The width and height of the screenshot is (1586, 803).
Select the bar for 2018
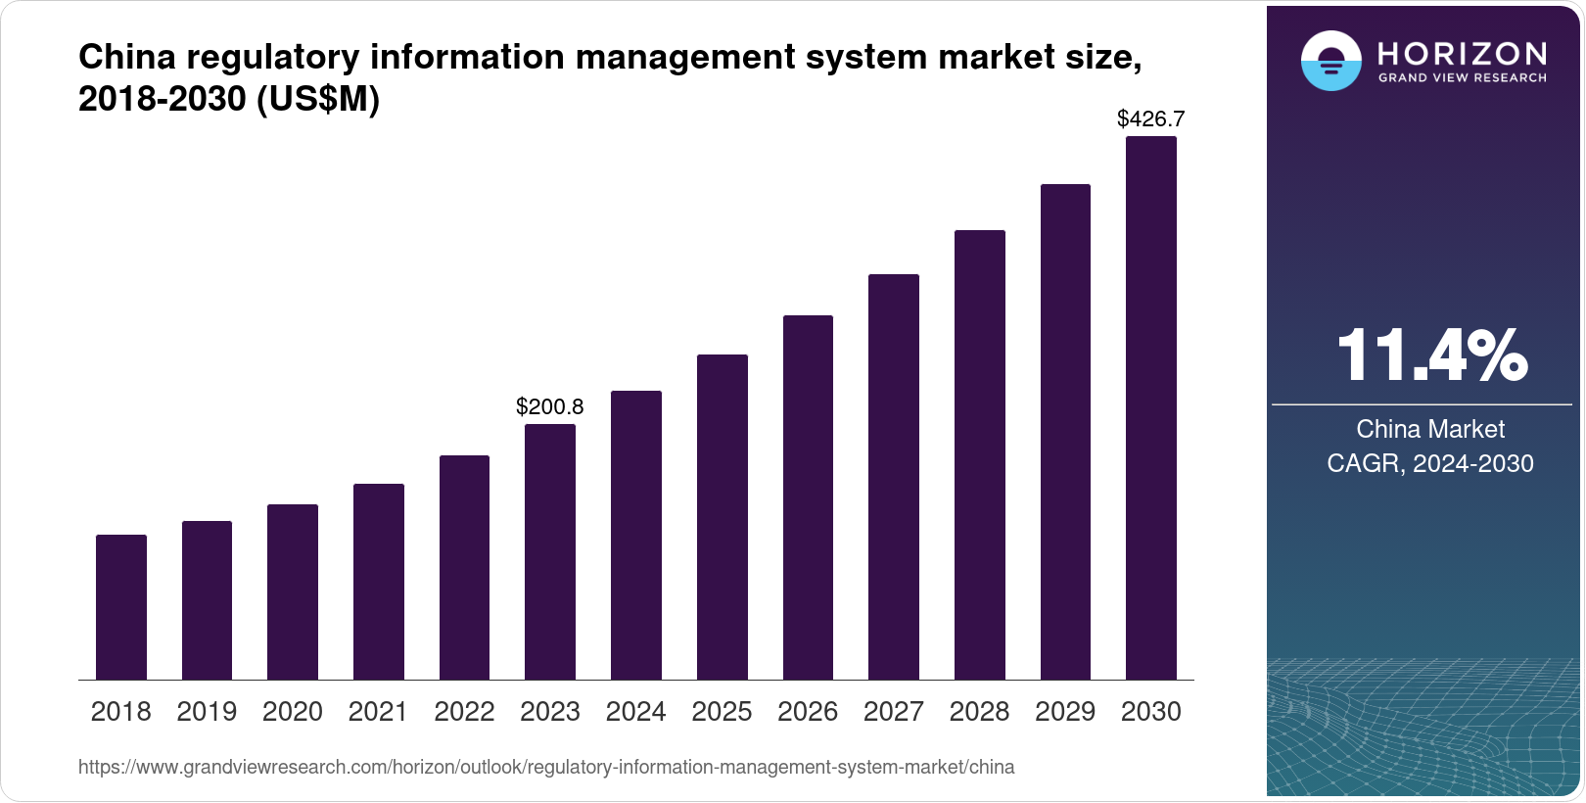(121, 607)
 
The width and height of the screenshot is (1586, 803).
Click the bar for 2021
(379, 582)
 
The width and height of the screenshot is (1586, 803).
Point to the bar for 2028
(980, 454)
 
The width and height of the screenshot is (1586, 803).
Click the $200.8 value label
(550, 406)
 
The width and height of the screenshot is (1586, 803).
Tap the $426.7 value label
(1151, 119)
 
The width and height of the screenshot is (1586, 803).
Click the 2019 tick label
(207, 712)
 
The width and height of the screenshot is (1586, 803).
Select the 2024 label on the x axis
(636, 712)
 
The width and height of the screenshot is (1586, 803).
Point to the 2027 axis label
(894, 712)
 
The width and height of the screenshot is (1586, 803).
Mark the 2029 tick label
(1065, 712)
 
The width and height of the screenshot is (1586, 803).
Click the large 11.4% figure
(1430, 355)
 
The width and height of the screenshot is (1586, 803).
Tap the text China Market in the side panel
(1430, 429)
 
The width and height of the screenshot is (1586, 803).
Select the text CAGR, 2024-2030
(1430, 463)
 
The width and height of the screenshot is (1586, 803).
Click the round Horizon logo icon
(1330, 62)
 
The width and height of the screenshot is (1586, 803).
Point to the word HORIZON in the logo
(1462, 53)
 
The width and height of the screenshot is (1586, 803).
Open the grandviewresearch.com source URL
(546, 768)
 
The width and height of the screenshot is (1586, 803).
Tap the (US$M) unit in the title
(317, 99)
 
